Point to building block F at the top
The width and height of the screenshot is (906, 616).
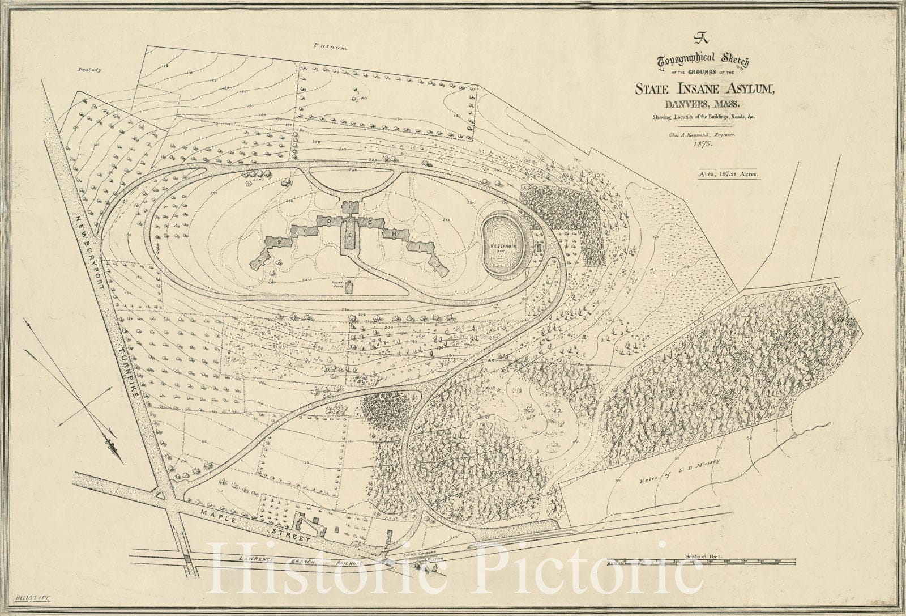[352, 207]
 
